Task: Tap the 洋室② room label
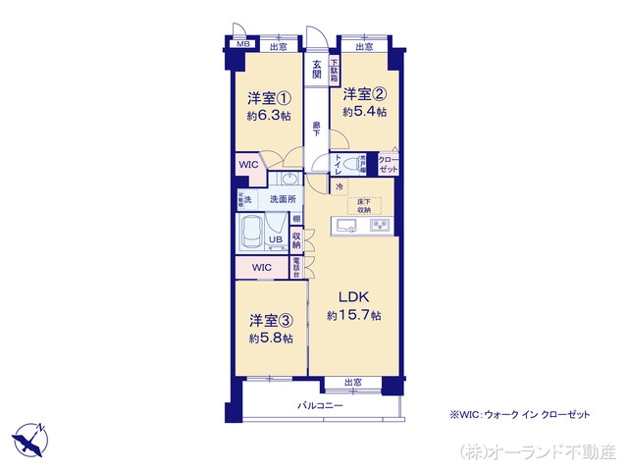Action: pos(363,95)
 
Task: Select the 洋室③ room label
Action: pos(268,321)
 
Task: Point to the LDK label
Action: pos(354,296)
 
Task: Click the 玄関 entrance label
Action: pos(317,71)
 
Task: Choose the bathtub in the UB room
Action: pos(251,236)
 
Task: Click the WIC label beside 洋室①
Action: pos(247,165)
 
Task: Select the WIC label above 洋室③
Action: pos(261,267)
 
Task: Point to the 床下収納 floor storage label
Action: pos(363,206)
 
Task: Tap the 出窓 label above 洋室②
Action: pos(364,46)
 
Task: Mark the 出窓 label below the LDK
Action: pos(352,382)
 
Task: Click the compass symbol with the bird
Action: pos(29,439)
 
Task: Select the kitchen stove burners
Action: pos(379,227)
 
